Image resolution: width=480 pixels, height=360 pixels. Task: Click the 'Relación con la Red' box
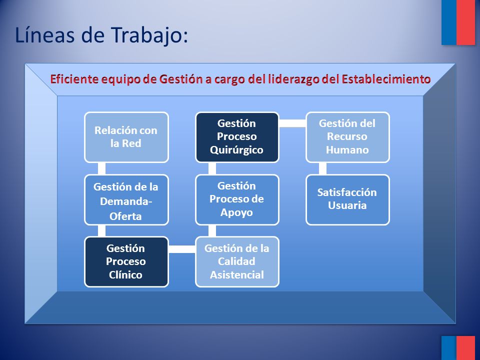tap(126, 137)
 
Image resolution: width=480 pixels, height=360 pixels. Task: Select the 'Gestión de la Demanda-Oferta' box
tap(126, 200)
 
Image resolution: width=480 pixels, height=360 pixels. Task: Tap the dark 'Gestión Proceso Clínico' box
tap(126, 261)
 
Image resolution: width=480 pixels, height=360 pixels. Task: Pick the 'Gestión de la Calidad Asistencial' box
tap(237, 261)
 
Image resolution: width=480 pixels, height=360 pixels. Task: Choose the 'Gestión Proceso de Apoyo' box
tap(237, 200)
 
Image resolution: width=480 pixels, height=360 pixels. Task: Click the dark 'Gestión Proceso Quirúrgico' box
tap(237, 137)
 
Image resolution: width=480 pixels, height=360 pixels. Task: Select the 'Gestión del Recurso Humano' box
tap(348, 137)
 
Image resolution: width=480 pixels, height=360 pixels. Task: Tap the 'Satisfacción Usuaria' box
tap(348, 200)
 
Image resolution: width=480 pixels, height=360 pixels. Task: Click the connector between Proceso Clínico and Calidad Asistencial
tap(182, 249)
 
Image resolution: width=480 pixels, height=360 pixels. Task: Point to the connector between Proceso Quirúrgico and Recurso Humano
tap(292, 123)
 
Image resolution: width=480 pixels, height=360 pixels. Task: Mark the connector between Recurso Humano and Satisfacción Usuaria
tap(322, 168)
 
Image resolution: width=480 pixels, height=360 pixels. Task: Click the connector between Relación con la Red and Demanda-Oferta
tap(101, 168)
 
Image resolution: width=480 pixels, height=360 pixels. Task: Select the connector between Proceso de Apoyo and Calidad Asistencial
tap(212, 231)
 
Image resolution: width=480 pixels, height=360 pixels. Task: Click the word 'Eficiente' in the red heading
tap(74, 79)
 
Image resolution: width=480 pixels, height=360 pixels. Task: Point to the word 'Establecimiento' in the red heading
tap(386, 79)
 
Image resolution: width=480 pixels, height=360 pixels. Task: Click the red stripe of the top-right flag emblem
tap(465, 22)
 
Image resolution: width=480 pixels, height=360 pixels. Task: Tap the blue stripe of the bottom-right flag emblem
tap(449, 348)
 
